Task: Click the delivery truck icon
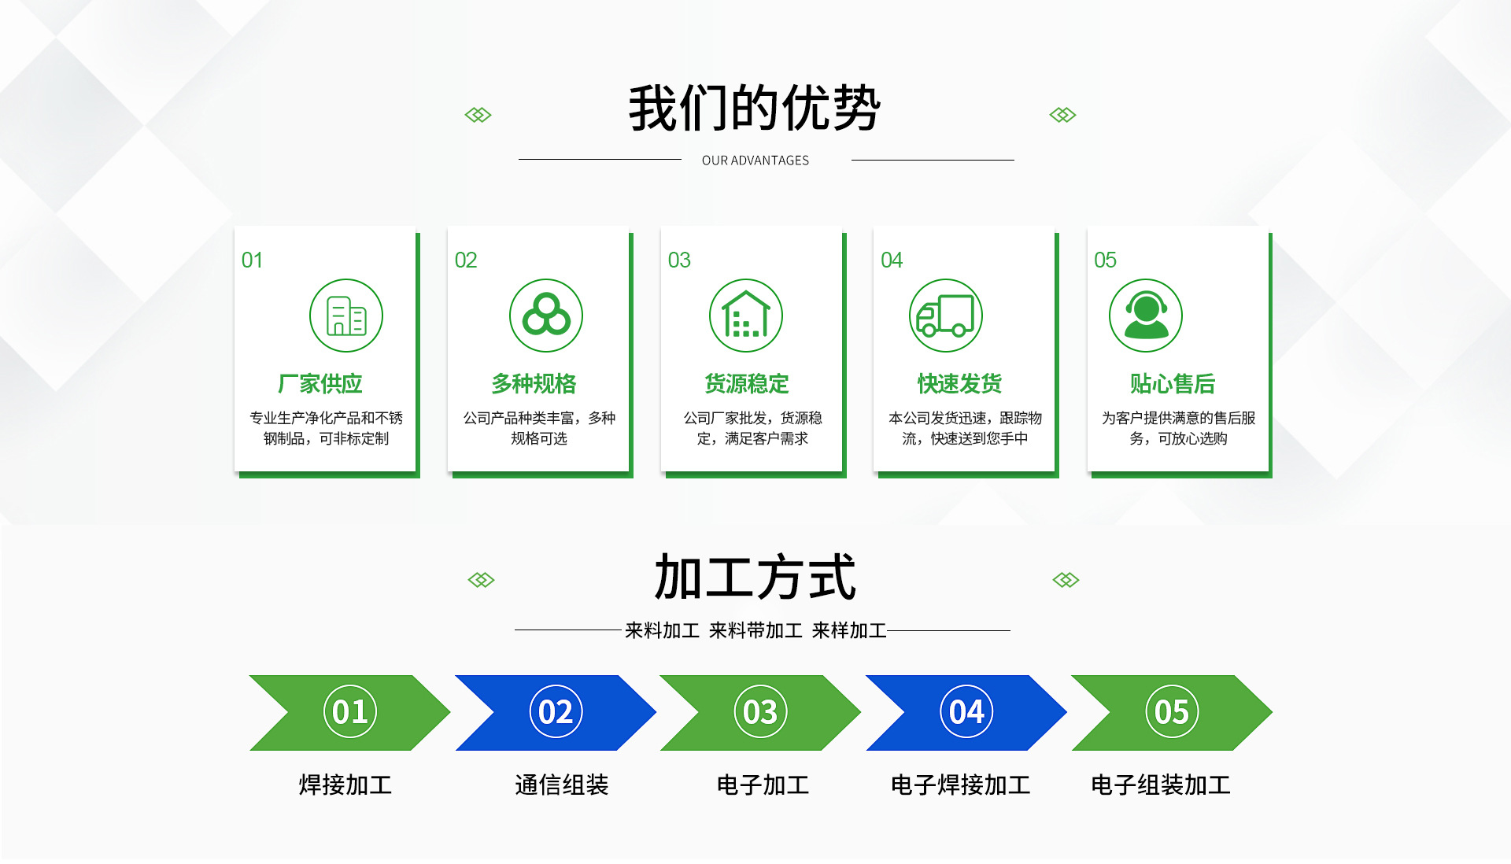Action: click(x=945, y=316)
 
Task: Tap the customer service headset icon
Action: click(x=1146, y=316)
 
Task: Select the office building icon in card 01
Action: click(x=346, y=316)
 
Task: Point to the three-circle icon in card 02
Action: click(x=546, y=316)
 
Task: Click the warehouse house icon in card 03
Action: click(x=746, y=316)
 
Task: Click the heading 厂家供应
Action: click(x=320, y=384)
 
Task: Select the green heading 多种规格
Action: click(x=534, y=384)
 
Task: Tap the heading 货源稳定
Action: click(x=747, y=384)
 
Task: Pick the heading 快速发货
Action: click(x=959, y=384)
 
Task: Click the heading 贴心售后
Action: click(x=1173, y=384)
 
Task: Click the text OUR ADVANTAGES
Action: click(x=755, y=161)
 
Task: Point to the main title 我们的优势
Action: click(x=754, y=108)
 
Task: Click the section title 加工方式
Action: click(x=755, y=577)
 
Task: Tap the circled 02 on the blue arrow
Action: click(x=556, y=712)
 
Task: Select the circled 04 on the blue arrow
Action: click(x=966, y=712)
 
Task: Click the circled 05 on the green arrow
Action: click(x=1172, y=712)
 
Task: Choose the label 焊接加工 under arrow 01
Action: click(x=345, y=785)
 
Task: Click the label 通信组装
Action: click(x=562, y=785)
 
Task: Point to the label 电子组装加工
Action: click(x=1161, y=785)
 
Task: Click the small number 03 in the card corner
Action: click(x=679, y=260)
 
